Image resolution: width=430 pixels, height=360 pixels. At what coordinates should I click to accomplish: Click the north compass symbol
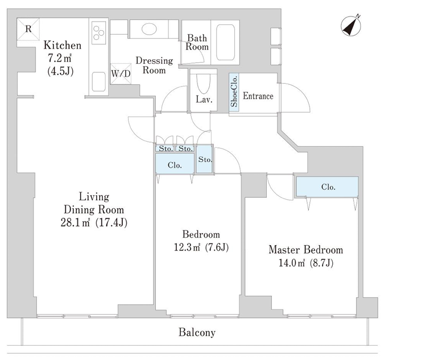(351, 26)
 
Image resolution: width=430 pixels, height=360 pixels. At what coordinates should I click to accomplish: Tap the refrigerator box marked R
(28, 29)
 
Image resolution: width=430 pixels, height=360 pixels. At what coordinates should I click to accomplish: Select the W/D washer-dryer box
(121, 73)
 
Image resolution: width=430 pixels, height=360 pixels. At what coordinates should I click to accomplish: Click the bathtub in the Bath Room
(225, 42)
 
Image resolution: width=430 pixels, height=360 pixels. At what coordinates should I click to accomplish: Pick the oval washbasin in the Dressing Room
(149, 28)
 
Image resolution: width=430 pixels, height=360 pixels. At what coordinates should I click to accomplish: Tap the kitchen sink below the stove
(99, 82)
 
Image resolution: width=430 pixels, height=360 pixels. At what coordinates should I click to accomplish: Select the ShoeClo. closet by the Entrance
(234, 92)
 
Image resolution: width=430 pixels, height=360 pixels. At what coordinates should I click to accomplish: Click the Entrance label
(258, 96)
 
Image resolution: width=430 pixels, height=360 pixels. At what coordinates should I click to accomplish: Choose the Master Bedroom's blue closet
(327, 187)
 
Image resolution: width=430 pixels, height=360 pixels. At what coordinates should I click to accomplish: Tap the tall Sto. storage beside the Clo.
(205, 159)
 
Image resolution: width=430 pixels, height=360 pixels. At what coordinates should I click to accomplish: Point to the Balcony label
(197, 332)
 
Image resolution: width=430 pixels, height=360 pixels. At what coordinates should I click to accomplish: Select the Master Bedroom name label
(306, 250)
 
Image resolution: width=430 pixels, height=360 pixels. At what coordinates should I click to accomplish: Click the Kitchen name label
(63, 45)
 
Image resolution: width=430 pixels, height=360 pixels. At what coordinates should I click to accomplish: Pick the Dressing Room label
(154, 65)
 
